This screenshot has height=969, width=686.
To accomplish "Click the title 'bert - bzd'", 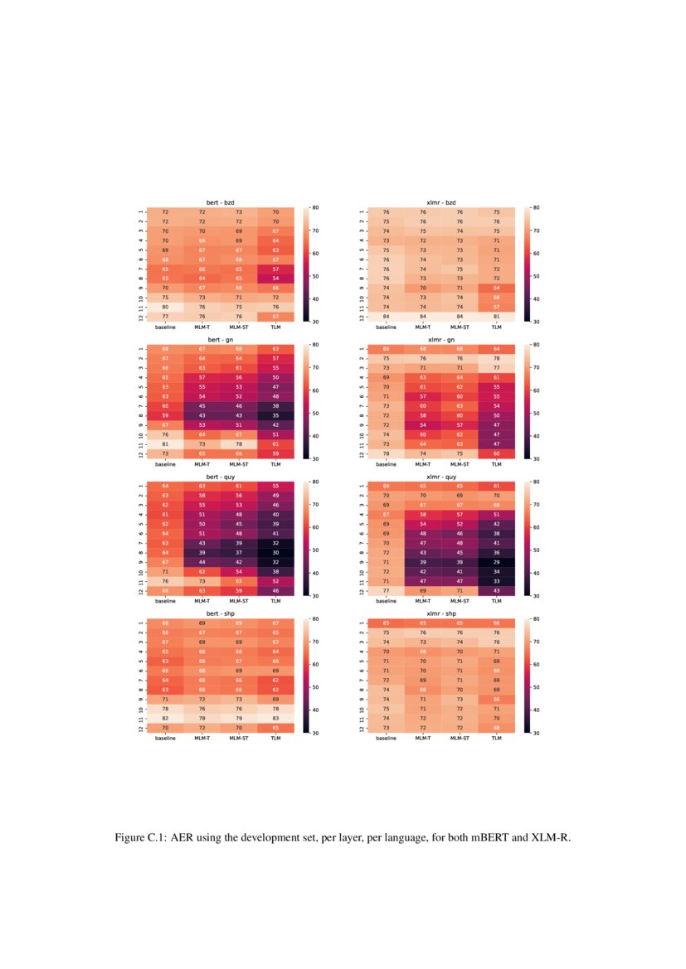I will pos(220,203).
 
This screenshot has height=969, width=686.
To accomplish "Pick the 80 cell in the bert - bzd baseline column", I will pos(165,307).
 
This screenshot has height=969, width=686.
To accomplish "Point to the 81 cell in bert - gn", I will pos(165,443).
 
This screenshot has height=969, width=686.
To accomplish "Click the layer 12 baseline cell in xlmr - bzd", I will pos(386,316).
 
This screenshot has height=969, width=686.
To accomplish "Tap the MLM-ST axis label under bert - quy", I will pos(238,602).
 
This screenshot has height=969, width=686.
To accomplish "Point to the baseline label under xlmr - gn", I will pos(386,464).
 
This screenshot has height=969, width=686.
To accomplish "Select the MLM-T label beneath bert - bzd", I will pos(202,327).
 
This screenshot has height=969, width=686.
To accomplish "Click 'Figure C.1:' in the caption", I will pos(146,838).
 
